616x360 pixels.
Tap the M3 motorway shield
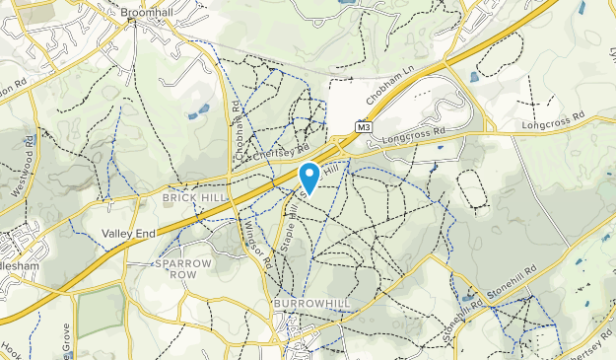click(x=363, y=128)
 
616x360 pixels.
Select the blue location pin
click(x=308, y=177)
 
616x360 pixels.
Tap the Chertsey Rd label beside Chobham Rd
click(x=281, y=153)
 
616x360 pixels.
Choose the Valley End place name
click(x=128, y=233)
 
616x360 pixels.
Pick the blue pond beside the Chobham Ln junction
click(x=475, y=76)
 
